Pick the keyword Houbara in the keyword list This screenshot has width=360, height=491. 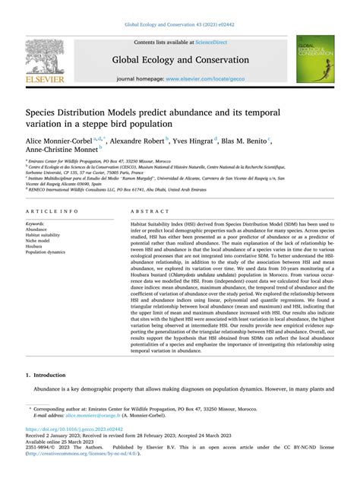(x=36, y=245)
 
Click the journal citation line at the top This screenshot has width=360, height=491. (x=180, y=23)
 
